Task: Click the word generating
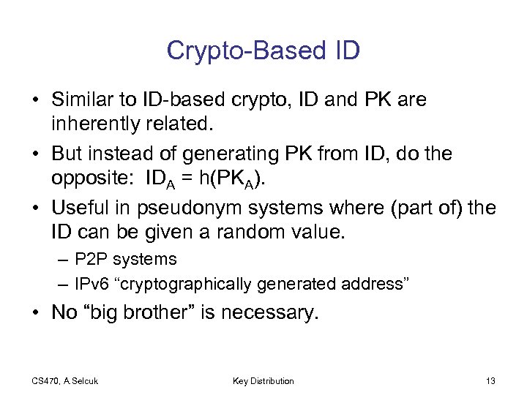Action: (x=217, y=154)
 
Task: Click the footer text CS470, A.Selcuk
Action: (x=65, y=380)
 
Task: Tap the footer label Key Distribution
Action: (x=263, y=380)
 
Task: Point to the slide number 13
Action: (x=490, y=380)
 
